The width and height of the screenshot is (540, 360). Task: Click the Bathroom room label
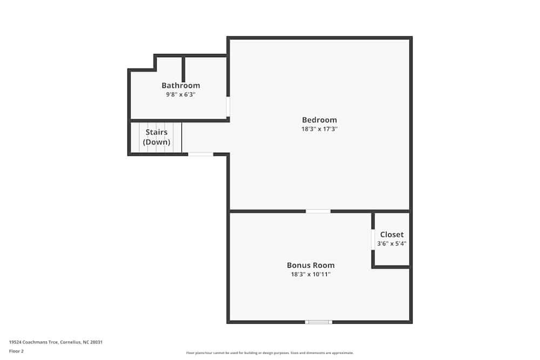point(180,85)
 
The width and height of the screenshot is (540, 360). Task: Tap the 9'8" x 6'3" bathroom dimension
point(180,94)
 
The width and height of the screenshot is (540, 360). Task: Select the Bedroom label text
point(319,120)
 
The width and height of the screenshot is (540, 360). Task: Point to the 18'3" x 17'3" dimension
point(319,129)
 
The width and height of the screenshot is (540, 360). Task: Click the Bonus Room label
point(310,265)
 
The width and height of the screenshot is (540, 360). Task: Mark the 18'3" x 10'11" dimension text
point(310,274)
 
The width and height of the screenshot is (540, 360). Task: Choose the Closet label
point(391,234)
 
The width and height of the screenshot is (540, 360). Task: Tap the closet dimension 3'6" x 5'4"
point(391,243)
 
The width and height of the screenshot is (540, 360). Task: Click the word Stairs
point(156,132)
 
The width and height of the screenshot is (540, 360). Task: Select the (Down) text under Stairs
point(156,142)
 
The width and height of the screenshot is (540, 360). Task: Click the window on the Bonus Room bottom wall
point(318,322)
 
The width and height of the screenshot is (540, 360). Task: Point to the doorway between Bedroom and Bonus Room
point(318,211)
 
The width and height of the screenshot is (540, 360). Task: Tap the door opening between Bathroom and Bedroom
point(228,107)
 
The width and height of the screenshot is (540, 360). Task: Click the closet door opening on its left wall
point(373,239)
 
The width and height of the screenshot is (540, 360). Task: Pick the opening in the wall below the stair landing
point(200,154)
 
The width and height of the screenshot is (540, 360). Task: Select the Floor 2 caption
point(16,351)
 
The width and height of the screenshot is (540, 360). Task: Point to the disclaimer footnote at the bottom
point(269,353)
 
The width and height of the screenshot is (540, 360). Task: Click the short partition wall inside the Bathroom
point(184,69)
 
